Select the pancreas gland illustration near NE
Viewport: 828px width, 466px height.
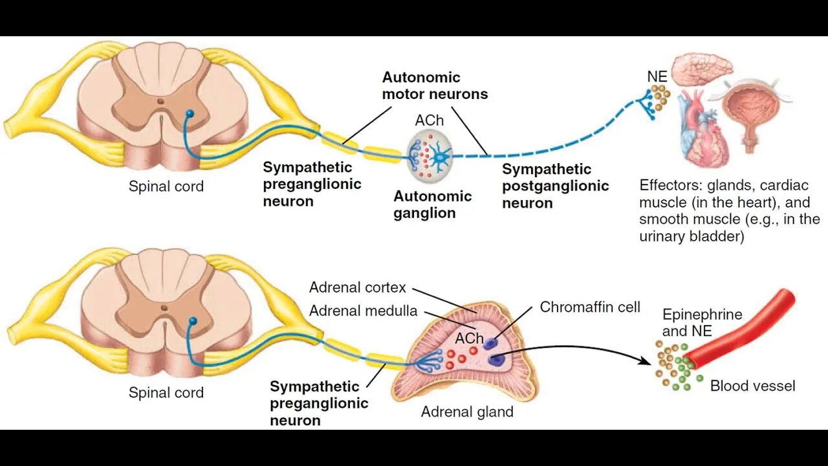click(x=701, y=68)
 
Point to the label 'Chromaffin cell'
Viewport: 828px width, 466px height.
click(x=590, y=307)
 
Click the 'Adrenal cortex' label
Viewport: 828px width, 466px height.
click(x=357, y=287)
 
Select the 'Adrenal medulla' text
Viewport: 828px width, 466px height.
click(x=363, y=311)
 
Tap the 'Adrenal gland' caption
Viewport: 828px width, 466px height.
click(x=467, y=412)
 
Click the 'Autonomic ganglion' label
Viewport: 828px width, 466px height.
click(x=433, y=205)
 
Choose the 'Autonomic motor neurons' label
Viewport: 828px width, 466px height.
click(x=435, y=85)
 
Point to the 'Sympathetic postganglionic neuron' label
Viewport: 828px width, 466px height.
click(x=555, y=186)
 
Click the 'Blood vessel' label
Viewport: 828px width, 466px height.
click(x=752, y=386)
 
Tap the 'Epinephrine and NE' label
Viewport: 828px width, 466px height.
click(x=702, y=322)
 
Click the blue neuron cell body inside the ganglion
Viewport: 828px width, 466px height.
click(x=442, y=156)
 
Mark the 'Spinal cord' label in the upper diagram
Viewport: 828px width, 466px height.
click(x=166, y=186)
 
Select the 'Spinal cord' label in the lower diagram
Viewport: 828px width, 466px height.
click(x=166, y=393)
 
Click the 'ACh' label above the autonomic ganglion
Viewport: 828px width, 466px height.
click(x=430, y=121)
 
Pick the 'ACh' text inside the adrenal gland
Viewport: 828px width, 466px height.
click(x=469, y=338)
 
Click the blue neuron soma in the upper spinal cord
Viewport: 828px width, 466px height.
click(x=190, y=114)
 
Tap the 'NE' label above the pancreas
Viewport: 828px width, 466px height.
click(x=657, y=77)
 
